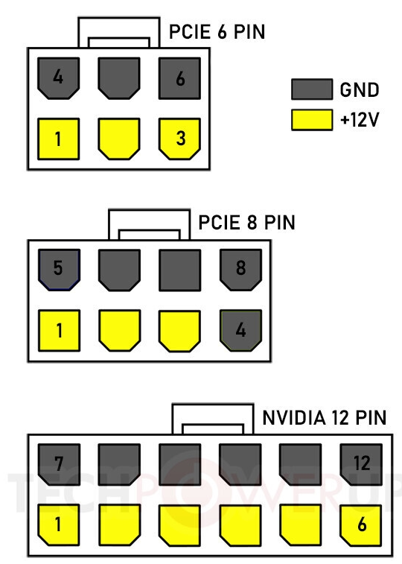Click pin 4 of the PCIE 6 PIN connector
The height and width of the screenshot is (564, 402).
coord(59,78)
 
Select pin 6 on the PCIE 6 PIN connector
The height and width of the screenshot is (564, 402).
coord(179,78)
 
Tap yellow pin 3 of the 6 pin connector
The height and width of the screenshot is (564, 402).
coord(179,139)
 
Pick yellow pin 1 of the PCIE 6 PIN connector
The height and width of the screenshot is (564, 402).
coord(59,139)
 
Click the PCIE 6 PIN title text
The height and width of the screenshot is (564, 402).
coord(217,31)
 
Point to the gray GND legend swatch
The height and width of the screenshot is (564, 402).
coord(312,89)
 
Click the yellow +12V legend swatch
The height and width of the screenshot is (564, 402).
coord(312,120)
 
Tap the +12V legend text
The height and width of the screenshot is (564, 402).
coord(360,120)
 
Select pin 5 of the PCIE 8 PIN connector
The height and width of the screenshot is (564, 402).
coord(60,270)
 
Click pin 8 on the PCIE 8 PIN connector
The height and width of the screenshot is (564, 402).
coord(240,270)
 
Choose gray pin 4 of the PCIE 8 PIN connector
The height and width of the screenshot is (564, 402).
coord(240,331)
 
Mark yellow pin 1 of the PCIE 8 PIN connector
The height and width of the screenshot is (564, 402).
coord(60,331)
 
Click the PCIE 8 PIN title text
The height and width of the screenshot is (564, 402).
coord(247,223)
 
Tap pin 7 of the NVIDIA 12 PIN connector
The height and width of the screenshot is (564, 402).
coord(59,464)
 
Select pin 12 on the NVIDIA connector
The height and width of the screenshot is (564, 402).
coord(361,464)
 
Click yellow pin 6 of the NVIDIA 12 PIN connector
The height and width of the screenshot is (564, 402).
coord(361,525)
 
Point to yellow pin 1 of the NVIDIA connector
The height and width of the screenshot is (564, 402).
coord(59,525)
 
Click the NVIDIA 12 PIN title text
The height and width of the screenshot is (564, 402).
coord(325,418)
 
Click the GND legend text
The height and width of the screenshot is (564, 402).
coord(360,89)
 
